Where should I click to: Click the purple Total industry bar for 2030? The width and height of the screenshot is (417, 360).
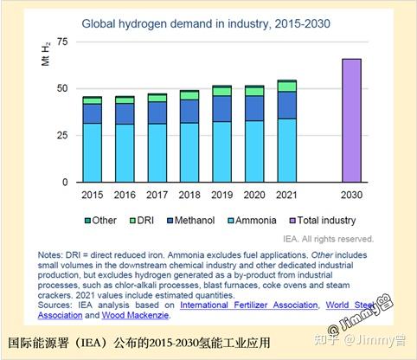pyautogui.click(x=351, y=120)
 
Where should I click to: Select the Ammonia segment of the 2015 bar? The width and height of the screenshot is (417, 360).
pyautogui.click(x=92, y=152)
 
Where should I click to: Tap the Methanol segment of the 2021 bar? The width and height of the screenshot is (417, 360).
pyautogui.click(x=286, y=105)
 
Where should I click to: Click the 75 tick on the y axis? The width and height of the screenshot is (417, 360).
pyautogui.click(x=61, y=42)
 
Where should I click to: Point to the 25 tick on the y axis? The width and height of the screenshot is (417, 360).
pyautogui.click(x=61, y=135)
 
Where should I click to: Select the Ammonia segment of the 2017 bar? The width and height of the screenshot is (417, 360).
pyautogui.click(x=157, y=152)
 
